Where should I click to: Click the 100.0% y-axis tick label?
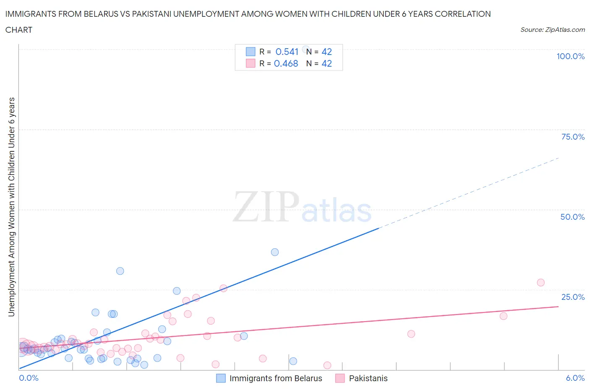pyautogui.click(x=570, y=56)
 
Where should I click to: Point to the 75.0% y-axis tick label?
pyautogui.click(x=573, y=137)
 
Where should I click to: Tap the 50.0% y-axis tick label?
pyautogui.click(x=572, y=217)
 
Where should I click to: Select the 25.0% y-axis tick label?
pyautogui.click(x=573, y=297)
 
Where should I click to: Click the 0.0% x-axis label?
pyautogui.click(x=29, y=378)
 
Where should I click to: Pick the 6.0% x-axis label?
pyautogui.click(x=575, y=378)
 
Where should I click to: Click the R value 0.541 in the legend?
pyautogui.click(x=287, y=52)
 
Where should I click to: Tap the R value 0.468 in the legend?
pyautogui.click(x=286, y=63)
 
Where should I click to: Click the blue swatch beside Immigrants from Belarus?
pyautogui.click(x=221, y=378)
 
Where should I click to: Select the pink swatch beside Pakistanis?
pyautogui.click(x=340, y=378)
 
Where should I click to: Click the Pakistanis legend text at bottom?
pyautogui.click(x=368, y=378)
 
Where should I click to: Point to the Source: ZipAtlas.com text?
pyautogui.click(x=552, y=29)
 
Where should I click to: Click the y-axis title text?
pyautogui.click(x=11, y=207)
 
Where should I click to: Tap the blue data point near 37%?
pyautogui.click(x=275, y=252)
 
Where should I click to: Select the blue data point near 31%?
pyautogui.click(x=120, y=271)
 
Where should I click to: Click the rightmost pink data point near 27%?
pyautogui.click(x=540, y=283)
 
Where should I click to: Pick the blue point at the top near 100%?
pyautogui.click(x=306, y=49)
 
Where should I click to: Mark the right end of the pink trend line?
pyautogui.click(x=558, y=307)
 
